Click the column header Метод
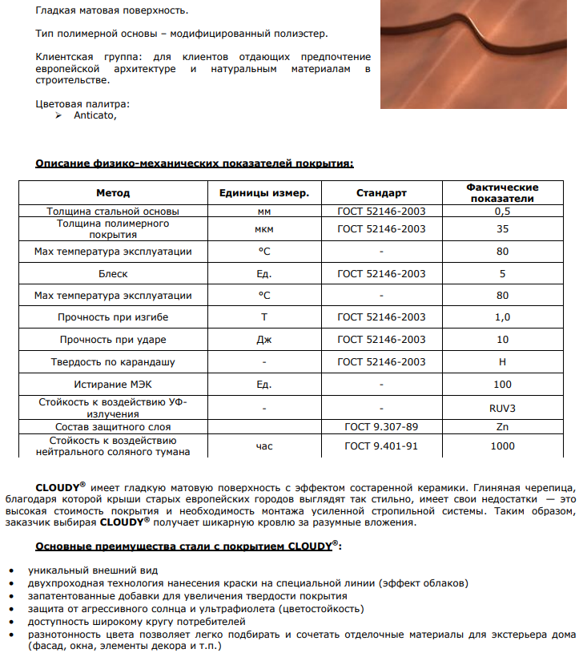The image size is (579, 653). click(113, 192)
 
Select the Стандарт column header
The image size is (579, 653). click(381, 192)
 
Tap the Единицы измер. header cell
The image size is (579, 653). click(264, 192)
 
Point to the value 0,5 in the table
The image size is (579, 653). click(502, 212)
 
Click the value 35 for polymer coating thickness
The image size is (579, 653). click(502, 229)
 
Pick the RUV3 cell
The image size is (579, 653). click(502, 407)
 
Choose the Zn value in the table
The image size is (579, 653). click(502, 427)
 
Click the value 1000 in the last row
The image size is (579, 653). click(502, 446)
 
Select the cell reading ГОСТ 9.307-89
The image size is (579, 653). click(381, 427)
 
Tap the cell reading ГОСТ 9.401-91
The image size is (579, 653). click(381, 446)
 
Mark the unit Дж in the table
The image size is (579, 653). click(264, 340)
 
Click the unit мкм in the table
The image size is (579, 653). click(264, 229)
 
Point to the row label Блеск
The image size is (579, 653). click(113, 274)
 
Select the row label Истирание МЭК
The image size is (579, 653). click(113, 385)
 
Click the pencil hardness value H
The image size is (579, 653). click(502, 362)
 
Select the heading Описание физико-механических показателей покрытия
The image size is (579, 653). click(195, 163)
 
